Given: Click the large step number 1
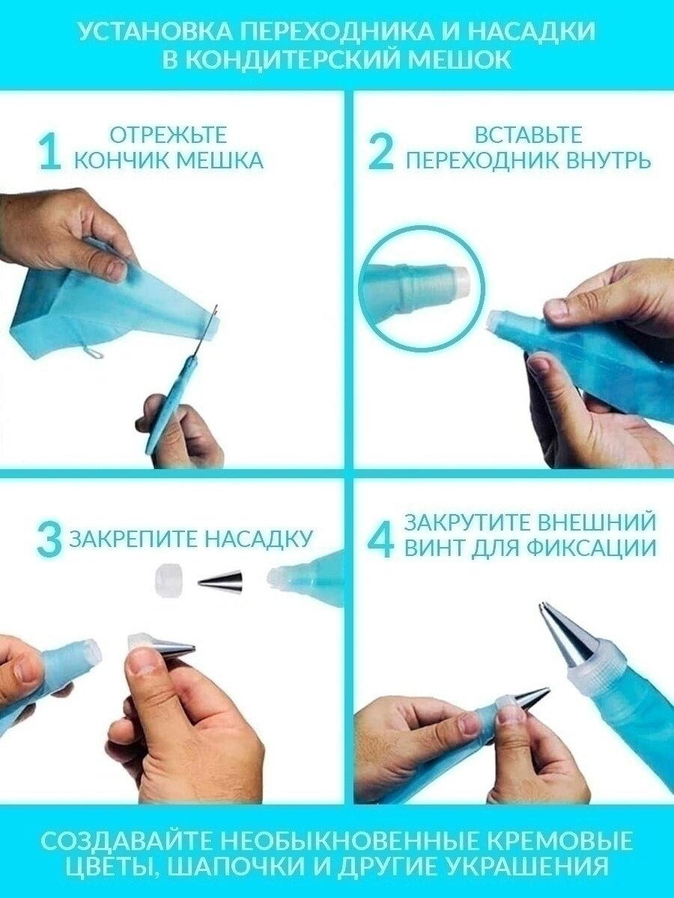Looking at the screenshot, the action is pyautogui.click(x=51, y=153).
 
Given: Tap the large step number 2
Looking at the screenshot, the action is pyautogui.click(x=380, y=153).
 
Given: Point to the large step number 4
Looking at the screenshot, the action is pyautogui.click(x=381, y=540).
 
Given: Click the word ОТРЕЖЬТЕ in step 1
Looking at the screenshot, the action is pyautogui.click(x=168, y=135).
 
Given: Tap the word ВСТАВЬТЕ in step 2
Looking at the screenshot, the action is pyautogui.click(x=528, y=135).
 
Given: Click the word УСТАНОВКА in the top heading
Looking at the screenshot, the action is pyautogui.click(x=154, y=32).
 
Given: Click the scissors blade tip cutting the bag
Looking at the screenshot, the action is pyautogui.click(x=216, y=305).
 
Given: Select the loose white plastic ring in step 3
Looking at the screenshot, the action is pyautogui.click(x=169, y=580).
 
